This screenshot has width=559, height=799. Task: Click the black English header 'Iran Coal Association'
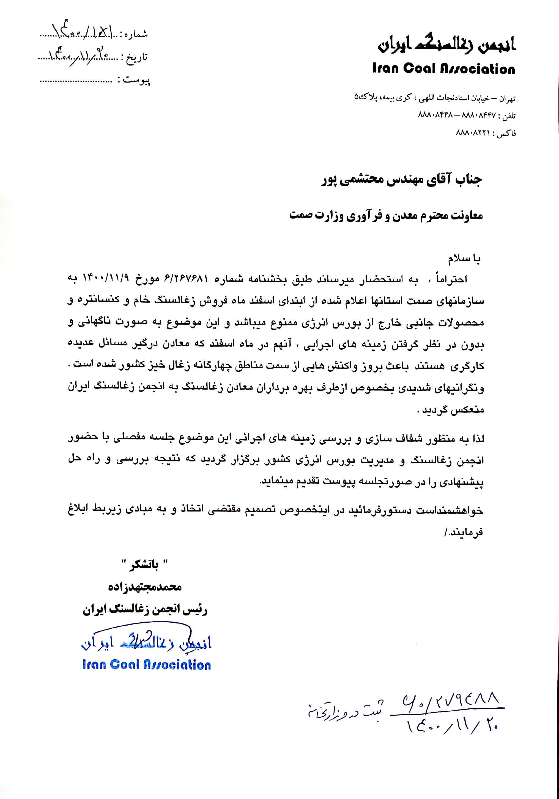pyautogui.click(x=443, y=69)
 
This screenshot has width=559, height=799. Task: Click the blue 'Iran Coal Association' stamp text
pyautogui.click(x=146, y=665)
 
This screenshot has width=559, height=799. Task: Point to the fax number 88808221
pyautogui.click(x=473, y=133)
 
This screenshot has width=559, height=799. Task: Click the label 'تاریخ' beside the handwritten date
pyautogui.click(x=138, y=57)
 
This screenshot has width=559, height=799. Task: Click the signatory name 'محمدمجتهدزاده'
pyautogui.click(x=145, y=587)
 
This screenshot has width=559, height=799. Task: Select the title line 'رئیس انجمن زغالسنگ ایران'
pyautogui.click(x=145, y=609)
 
